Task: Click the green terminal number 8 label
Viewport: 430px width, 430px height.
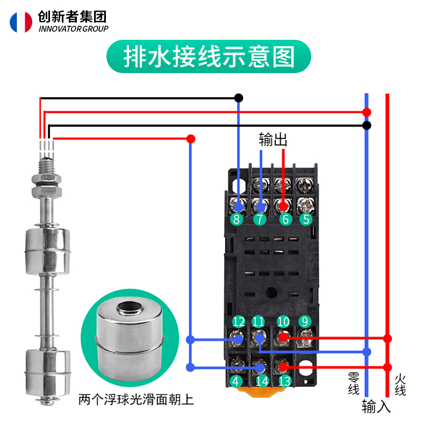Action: (236, 219)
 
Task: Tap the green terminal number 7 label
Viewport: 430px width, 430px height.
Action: (260, 219)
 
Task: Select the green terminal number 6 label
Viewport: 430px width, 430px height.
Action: (283, 219)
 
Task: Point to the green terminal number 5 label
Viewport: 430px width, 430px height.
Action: (306, 219)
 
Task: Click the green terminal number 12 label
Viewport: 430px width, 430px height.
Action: (239, 322)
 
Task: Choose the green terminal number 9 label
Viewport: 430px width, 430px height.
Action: (305, 322)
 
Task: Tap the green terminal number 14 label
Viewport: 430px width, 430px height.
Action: (262, 382)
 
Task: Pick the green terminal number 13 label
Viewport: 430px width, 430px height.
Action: (284, 382)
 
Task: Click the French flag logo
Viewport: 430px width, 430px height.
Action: (21, 21)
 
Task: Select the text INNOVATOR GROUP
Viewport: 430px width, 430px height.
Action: (74, 29)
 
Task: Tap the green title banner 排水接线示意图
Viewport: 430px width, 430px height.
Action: (209, 58)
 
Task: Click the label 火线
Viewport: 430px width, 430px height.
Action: (400, 385)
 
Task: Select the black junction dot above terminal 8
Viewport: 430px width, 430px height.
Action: (239, 98)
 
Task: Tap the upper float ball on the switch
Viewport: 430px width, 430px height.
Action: (47, 250)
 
